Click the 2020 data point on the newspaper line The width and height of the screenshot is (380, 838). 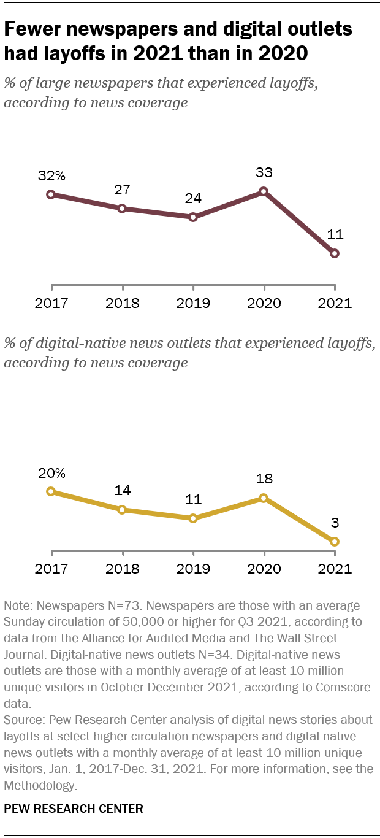point(264,191)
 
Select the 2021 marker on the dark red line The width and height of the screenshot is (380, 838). point(335,253)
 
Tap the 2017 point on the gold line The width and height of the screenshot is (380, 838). point(51,491)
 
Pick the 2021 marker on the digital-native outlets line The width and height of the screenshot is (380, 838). point(335,542)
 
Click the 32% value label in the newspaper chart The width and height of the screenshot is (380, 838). point(51,176)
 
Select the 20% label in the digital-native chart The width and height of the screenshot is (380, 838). point(51,473)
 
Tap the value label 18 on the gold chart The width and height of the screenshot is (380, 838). point(264,479)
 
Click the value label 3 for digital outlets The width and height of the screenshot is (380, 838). point(335,523)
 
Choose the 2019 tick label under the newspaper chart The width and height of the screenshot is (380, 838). point(193,303)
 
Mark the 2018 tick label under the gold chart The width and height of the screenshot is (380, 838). point(123,569)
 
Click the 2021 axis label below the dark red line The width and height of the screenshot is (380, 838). point(335,303)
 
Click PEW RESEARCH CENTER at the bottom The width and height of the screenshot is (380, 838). point(74,809)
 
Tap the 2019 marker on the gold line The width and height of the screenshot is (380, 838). point(193,518)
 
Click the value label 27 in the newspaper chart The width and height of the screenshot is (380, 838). point(123,190)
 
